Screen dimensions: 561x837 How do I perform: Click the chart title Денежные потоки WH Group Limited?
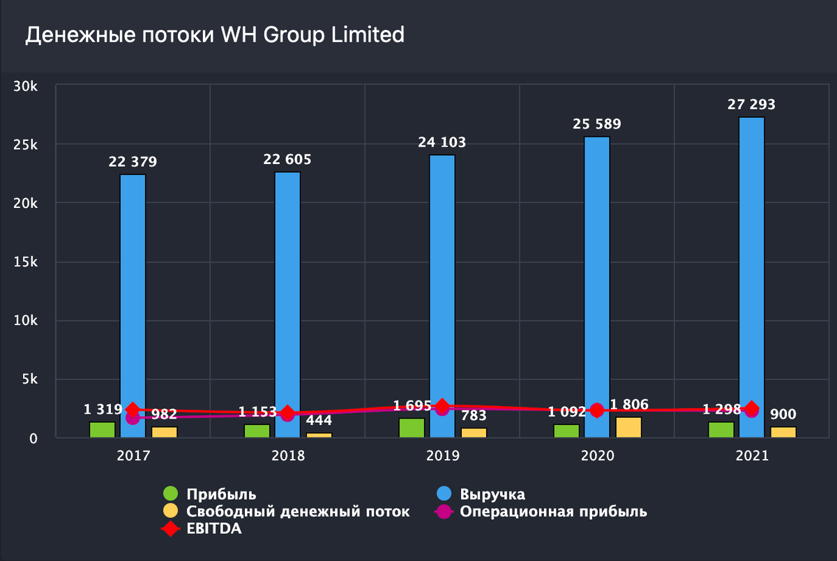pos(215,35)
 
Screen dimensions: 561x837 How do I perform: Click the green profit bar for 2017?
pos(102,430)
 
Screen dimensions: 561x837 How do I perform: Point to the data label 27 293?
pos(751,105)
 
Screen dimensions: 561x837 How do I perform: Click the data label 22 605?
pos(287,160)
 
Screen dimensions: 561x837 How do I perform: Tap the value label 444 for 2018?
pos(319,421)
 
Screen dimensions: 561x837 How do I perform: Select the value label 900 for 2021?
pos(783,414)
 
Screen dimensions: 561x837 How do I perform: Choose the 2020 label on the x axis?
pos(597,456)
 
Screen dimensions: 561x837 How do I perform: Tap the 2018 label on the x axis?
pos(287,456)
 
